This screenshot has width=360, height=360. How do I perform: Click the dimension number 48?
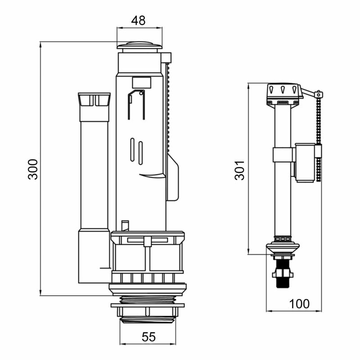coord(138,21)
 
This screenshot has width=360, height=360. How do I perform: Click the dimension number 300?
coord(33,169)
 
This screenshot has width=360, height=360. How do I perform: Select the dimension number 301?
coord(240,170)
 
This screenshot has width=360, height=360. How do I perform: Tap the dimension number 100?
coord(299,304)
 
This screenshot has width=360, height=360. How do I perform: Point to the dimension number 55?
coord(148,337)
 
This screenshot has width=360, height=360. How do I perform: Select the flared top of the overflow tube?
coord(94,99)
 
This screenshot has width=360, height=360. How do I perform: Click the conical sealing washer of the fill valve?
coord(283,248)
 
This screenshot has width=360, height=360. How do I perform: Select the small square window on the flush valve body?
coord(142,82)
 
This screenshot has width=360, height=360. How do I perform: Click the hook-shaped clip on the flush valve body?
coord(136,104)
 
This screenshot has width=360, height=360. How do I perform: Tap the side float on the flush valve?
coord(173,177)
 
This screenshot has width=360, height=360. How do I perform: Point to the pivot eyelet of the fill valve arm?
coord(319,94)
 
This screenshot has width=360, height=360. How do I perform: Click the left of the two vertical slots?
coord(132,149)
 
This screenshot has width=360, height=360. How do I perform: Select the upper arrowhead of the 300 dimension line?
coord(40,45)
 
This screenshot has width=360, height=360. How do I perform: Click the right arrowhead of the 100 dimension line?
coord(319,311)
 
